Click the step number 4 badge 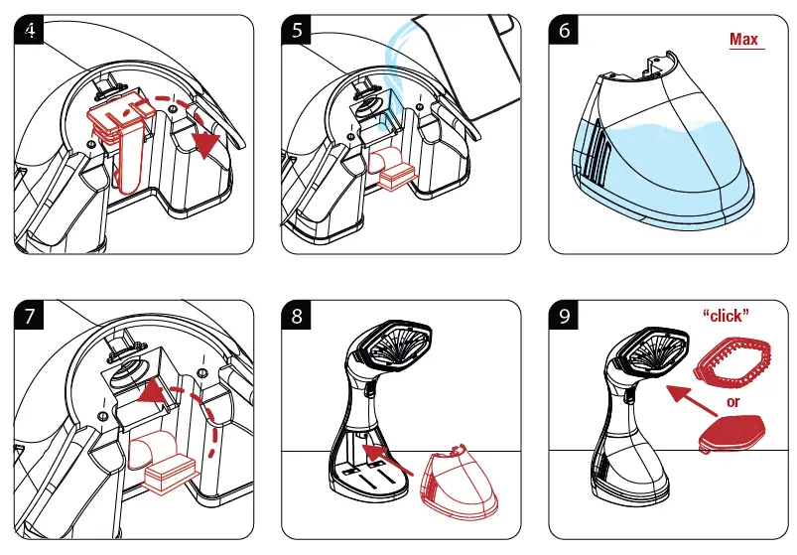(31, 30)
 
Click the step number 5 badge (299, 30)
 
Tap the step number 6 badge (565, 30)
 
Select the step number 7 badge (31, 318)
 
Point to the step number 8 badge (299, 318)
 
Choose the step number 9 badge (565, 318)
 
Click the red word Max (743, 40)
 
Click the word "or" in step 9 (733, 402)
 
